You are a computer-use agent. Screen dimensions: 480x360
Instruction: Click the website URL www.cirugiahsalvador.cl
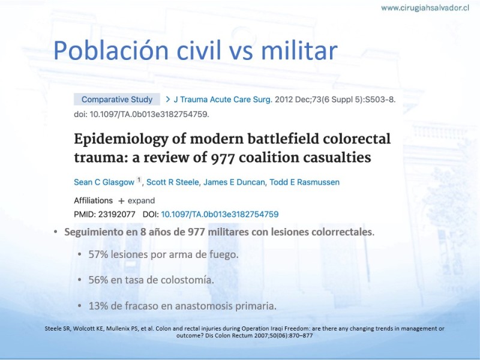425,8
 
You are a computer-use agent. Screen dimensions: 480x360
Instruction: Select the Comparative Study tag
116,100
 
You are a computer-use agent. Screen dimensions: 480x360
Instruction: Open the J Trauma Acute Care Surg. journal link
223,100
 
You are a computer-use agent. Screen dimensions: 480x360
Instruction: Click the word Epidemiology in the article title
121,140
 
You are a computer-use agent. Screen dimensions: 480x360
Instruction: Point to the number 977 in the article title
223,158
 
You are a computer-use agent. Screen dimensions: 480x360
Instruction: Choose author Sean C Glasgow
104,182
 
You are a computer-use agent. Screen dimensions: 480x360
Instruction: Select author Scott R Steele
172,182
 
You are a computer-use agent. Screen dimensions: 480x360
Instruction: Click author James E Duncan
234,182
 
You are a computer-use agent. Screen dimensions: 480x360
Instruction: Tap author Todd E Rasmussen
304,182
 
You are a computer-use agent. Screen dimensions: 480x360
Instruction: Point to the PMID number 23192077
116,214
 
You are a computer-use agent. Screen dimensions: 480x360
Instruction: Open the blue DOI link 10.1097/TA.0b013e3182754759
220,214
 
